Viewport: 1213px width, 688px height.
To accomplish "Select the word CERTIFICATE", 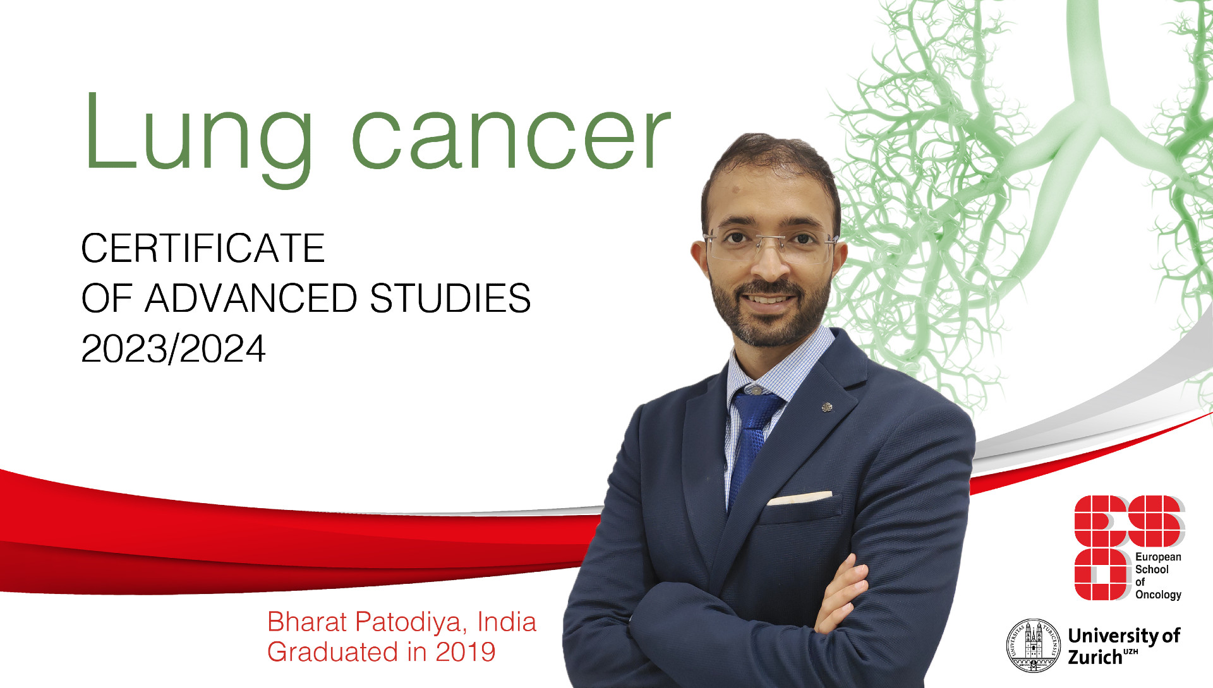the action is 203,248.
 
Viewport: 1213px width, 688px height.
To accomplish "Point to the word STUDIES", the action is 450,298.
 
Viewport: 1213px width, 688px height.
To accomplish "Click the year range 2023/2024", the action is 173,348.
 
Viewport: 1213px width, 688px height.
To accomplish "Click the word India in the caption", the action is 507,622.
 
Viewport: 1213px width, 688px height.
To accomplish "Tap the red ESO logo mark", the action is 1128,546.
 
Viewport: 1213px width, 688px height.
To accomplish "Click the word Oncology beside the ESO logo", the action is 1158,595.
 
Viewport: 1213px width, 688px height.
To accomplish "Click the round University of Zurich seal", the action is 1034,646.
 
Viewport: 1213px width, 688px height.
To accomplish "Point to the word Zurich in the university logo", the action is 1095,657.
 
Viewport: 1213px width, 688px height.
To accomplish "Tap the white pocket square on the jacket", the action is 799,498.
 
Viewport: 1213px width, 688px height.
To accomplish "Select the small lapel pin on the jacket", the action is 826,407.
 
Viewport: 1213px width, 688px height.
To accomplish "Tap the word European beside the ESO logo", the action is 1158,557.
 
